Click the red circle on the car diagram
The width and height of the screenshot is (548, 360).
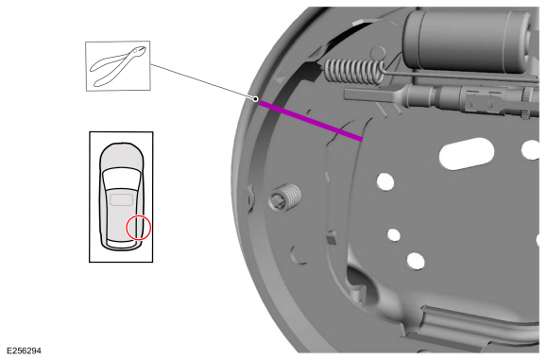click(139, 227)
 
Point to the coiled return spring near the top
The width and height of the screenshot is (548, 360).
click(355, 68)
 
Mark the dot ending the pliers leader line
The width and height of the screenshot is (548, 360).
click(255, 98)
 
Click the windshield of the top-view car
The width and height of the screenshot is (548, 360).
click(121, 175)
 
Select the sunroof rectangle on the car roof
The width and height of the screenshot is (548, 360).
click(121, 199)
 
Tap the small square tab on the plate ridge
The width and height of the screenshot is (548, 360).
click(329, 240)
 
